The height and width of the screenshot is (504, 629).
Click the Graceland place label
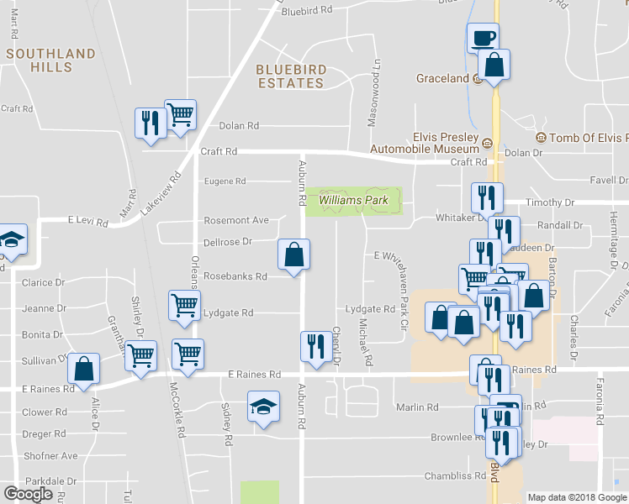point(442,79)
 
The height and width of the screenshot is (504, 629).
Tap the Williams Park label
point(353,201)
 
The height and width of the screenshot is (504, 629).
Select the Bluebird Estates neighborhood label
point(290,76)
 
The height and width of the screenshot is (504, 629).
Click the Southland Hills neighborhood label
point(50,60)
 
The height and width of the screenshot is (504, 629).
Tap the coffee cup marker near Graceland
point(483,38)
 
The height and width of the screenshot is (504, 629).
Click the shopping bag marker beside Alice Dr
point(84,368)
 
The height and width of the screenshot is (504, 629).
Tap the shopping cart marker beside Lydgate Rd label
point(185,307)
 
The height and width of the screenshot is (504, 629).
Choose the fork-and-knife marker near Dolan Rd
point(150,123)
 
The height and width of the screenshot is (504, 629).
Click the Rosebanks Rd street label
point(235,276)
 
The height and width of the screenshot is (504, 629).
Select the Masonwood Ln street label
point(376,93)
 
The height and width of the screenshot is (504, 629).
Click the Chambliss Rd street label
point(457,476)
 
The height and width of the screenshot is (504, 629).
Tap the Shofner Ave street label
point(50,456)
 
